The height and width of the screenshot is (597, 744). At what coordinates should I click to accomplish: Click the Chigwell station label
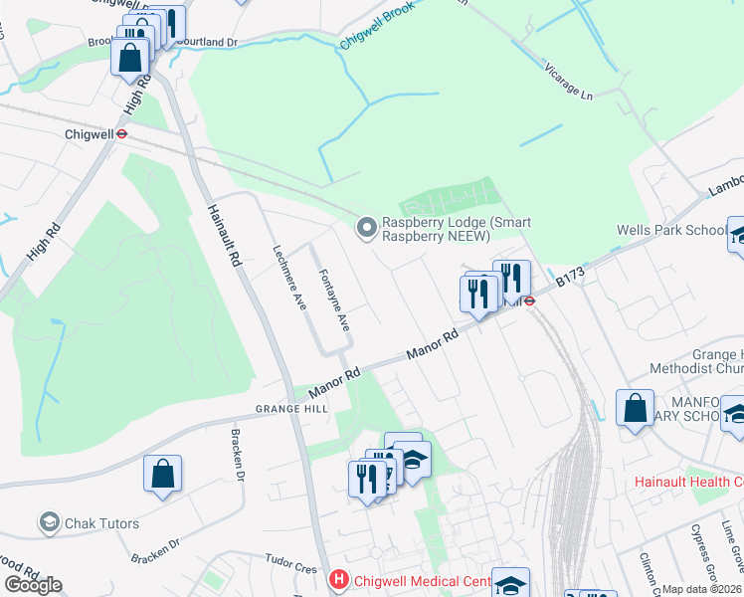(x=88, y=132)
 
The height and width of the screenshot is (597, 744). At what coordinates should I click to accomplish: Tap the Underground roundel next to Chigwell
(x=121, y=132)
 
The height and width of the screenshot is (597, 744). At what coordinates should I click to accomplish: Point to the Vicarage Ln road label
(x=568, y=84)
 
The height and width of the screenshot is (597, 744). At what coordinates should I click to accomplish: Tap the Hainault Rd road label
(x=223, y=234)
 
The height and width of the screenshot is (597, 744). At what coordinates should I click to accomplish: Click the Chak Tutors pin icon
(x=48, y=522)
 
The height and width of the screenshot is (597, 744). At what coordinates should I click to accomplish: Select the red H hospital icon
(x=338, y=578)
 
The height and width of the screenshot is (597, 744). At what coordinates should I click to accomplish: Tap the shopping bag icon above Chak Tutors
(x=162, y=476)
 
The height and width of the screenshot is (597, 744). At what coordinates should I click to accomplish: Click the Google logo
(x=32, y=584)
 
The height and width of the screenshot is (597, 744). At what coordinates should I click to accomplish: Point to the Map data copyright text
(x=702, y=589)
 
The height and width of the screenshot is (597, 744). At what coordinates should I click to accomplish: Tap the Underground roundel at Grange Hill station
(x=530, y=298)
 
